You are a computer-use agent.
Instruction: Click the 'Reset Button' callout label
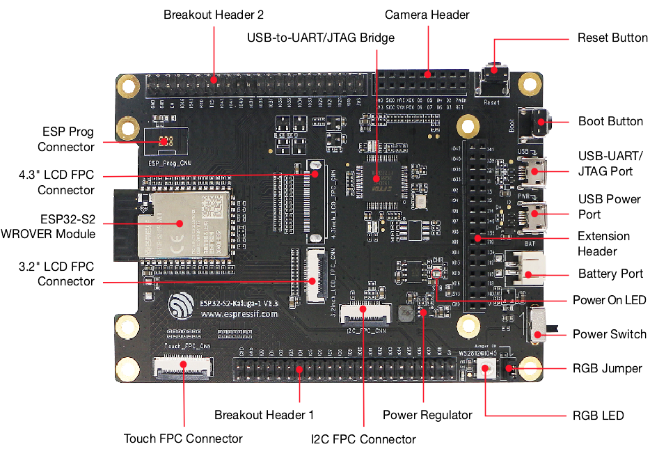[612, 38]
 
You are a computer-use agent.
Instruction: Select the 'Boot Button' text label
[610, 121]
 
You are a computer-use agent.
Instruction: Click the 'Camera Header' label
[427, 15]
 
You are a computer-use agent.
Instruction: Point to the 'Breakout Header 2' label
[214, 15]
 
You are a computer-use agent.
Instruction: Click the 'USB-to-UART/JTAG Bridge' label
[320, 38]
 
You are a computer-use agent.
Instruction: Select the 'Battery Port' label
[610, 274]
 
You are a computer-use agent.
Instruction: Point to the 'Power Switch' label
[609, 334]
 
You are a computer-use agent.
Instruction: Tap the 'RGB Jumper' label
[607, 368]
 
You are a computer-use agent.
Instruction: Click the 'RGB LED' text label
[598, 416]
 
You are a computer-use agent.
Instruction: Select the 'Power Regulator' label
[427, 415]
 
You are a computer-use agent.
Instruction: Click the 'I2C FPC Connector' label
[363, 439]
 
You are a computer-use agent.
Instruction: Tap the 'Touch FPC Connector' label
[183, 439]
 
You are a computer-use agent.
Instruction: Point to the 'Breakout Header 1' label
[264, 415]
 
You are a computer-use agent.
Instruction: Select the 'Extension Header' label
[604, 244]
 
